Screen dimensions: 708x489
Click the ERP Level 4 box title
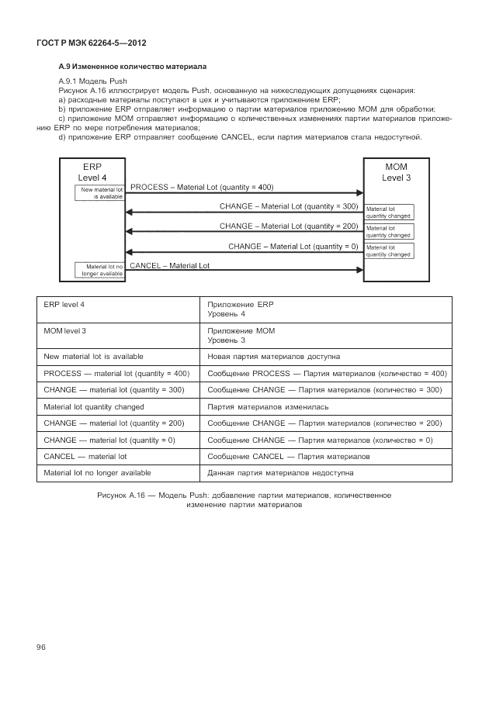coord(92,172)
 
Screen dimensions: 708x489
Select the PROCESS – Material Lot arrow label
coord(202,187)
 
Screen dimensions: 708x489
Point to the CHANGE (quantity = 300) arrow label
coord(288,206)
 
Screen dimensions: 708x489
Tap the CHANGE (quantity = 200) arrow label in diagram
coord(288,226)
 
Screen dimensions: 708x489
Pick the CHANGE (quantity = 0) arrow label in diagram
coord(293,246)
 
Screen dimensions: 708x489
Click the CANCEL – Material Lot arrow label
coord(169,265)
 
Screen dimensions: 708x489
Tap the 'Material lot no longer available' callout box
coord(99,270)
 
